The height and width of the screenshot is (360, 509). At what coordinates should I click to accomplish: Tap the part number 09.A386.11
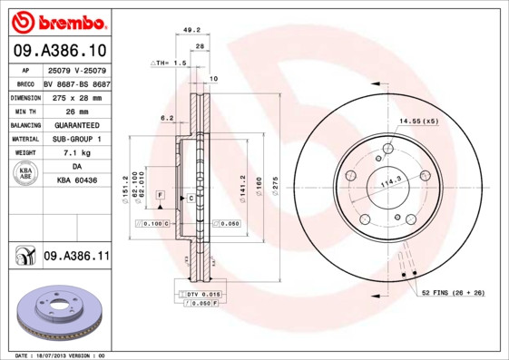(76, 258)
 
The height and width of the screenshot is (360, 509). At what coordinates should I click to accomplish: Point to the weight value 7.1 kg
(76, 153)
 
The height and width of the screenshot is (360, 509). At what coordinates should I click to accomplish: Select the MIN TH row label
(24, 111)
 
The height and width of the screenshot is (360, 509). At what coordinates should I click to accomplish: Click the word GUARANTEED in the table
(76, 124)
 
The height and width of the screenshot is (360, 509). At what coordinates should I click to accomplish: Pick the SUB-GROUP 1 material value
(76, 139)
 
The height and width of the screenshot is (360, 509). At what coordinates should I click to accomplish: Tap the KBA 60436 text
(76, 181)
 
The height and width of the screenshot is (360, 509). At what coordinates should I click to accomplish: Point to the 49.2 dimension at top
(191, 29)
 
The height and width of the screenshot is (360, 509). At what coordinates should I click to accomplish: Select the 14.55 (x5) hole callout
(418, 120)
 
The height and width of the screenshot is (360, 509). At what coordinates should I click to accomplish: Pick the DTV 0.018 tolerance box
(201, 295)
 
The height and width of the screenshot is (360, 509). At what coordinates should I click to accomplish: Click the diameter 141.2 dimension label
(242, 186)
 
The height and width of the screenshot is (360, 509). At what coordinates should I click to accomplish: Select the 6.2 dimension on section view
(166, 118)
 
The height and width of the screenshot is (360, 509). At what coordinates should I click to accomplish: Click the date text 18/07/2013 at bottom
(61, 355)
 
